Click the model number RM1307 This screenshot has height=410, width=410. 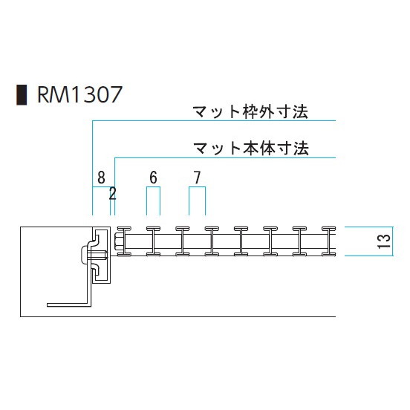click(79, 94)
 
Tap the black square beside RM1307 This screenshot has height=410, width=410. click(22, 94)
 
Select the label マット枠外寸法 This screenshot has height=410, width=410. click(250, 112)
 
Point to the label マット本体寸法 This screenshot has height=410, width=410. click(251, 148)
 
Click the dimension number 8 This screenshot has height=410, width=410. click(101, 178)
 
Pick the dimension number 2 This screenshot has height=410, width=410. click(112, 194)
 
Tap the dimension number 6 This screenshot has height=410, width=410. click(153, 178)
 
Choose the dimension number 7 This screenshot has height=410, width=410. click(197, 178)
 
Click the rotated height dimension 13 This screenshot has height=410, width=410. click(384, 241)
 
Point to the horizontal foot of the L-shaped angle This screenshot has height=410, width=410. click(69, 305)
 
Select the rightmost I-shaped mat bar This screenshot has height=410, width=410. click(328, 241)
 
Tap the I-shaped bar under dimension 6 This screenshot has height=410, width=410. click(153, 241)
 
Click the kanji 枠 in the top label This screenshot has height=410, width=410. click(251, 112)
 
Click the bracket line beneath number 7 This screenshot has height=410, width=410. click(197, 187)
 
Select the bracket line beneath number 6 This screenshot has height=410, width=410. click(153, 187)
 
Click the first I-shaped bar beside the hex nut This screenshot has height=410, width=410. click(125, 241)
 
